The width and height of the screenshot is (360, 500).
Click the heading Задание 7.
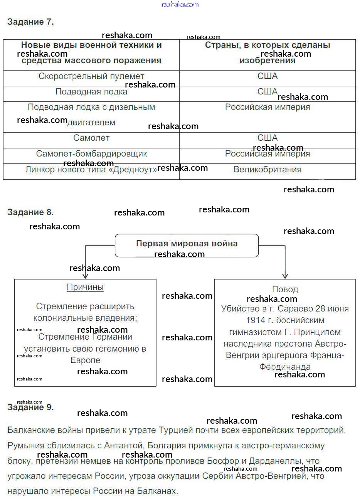tap(30, 22)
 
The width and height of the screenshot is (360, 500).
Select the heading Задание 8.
tap(30, 212)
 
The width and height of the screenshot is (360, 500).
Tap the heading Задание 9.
tap(30, 407)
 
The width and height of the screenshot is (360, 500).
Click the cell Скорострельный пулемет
tap(91, 76)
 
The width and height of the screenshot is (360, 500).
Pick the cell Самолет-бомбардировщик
tap(91, 154)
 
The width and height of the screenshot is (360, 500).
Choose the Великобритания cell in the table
tap(267, 170)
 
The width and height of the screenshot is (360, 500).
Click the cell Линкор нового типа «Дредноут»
tap(91, 170)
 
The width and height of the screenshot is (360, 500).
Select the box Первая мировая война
tap(187, 244)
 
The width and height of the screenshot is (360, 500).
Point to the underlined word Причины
tap(85, 287)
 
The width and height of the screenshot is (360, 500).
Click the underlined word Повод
tap(285, 289)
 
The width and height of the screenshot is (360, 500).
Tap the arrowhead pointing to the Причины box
tap(85, 276)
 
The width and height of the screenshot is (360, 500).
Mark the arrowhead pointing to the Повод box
tap(285, 276)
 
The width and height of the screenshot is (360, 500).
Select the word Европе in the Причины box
tap(85, 360)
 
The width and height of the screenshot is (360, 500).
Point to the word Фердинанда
tap(285, 367)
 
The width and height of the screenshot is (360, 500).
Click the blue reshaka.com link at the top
tap(180, 4)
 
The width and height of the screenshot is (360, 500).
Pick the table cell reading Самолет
tap(91, 138)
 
